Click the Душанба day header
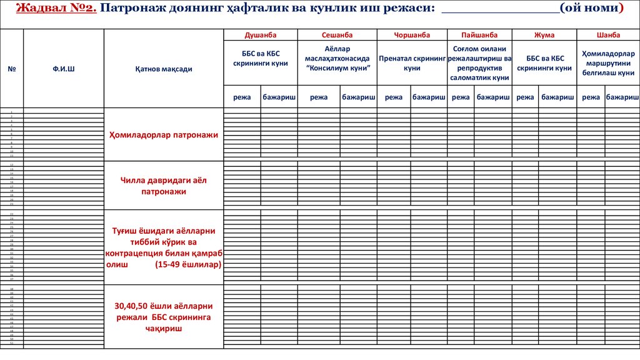[x=261, y=35]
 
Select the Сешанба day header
[x=337, y=35]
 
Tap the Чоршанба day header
[x=412, y=35]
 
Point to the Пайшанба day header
[x=479, y=35]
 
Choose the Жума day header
[x=544, y=35]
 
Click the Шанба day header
[x=608, y=35]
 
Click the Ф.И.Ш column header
[x=64, y=69]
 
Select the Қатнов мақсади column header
[x=163, y=69]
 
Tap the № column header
[x=11, y=69]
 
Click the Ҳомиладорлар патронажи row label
[x=163, y=135]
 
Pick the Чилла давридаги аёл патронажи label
[x=163, y=186]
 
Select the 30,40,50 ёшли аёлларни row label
[x=163, y=306]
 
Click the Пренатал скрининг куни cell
[x=412, y=62]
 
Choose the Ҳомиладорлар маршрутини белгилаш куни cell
[x=608, y=63]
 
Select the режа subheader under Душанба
[x=242, y=97]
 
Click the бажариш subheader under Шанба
[x=622, y=97]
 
